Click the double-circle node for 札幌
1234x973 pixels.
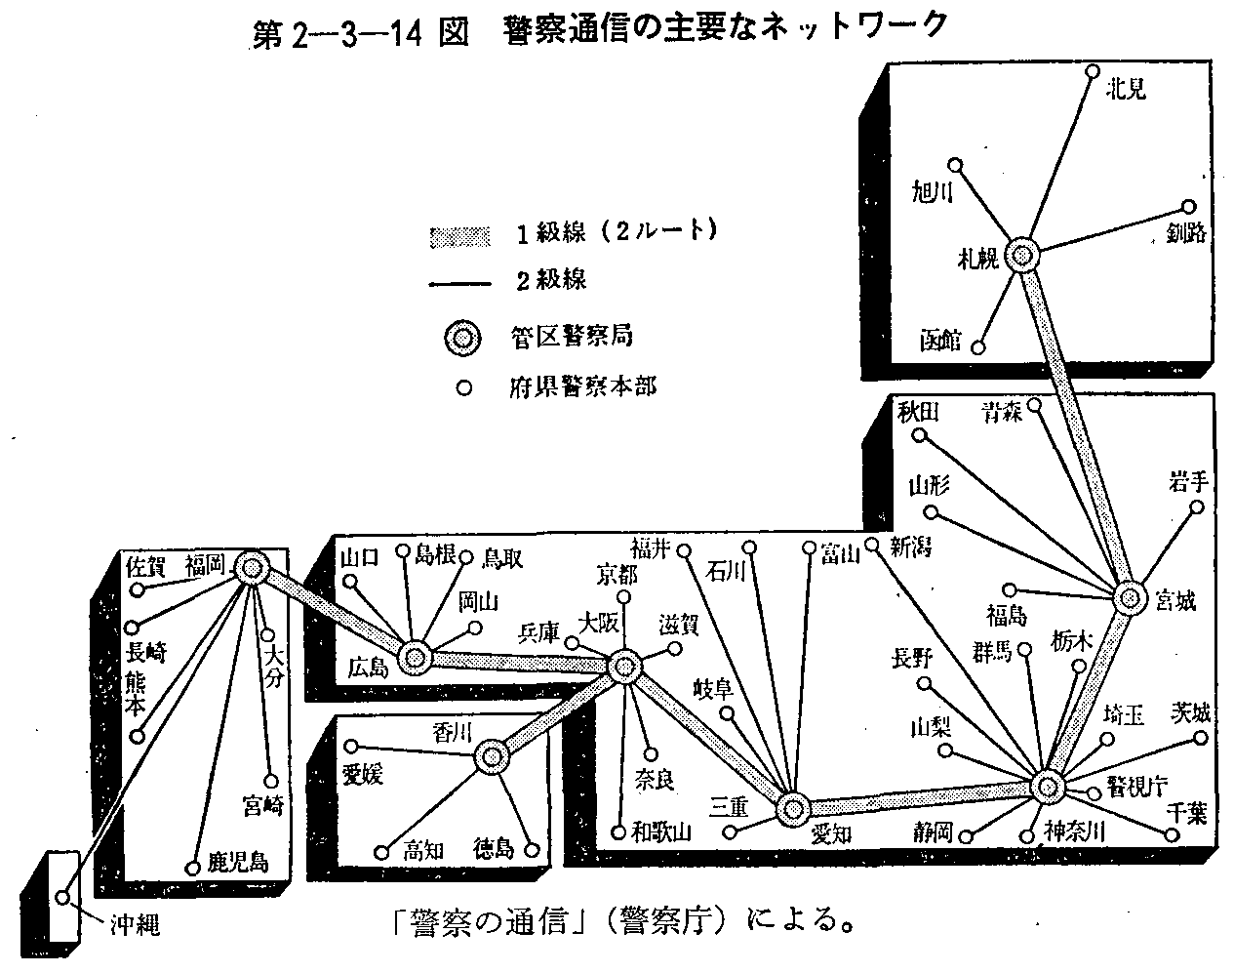[1021, 256]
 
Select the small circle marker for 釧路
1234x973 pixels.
[1189, 207]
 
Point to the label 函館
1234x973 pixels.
[941, 341]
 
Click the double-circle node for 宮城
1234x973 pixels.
[1129, 597]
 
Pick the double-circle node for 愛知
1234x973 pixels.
[792, 808]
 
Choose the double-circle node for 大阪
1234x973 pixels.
[623, 668]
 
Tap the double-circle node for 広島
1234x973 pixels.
[416, 657]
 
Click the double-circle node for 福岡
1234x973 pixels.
[251, 567]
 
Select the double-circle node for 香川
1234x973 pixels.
[492, 756]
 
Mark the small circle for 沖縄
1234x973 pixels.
[63, 897]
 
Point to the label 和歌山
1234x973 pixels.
[661, 832]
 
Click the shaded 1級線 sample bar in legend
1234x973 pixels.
[458, 236]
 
